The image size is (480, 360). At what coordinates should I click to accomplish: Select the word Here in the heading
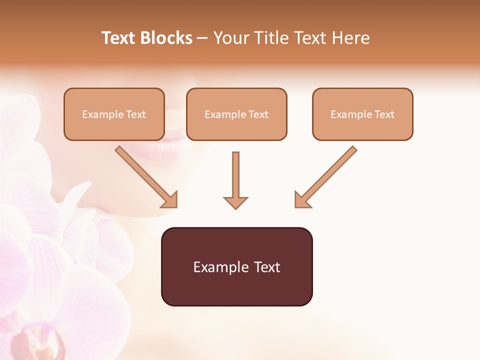click(350, 38)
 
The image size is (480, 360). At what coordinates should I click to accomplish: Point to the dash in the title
click(203, 38)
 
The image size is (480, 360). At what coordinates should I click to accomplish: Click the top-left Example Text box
click(114, 114)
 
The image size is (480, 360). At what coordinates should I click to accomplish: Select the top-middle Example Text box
click(236, 114)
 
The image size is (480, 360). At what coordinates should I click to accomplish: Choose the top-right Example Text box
click(362, 114)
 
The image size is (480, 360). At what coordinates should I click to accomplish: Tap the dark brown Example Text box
click(236, 266)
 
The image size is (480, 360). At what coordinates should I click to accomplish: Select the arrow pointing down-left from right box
click(326, 176)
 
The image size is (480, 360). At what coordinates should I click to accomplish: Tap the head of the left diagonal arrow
click(170, 200)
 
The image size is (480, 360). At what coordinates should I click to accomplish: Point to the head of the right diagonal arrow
click(301, 200)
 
